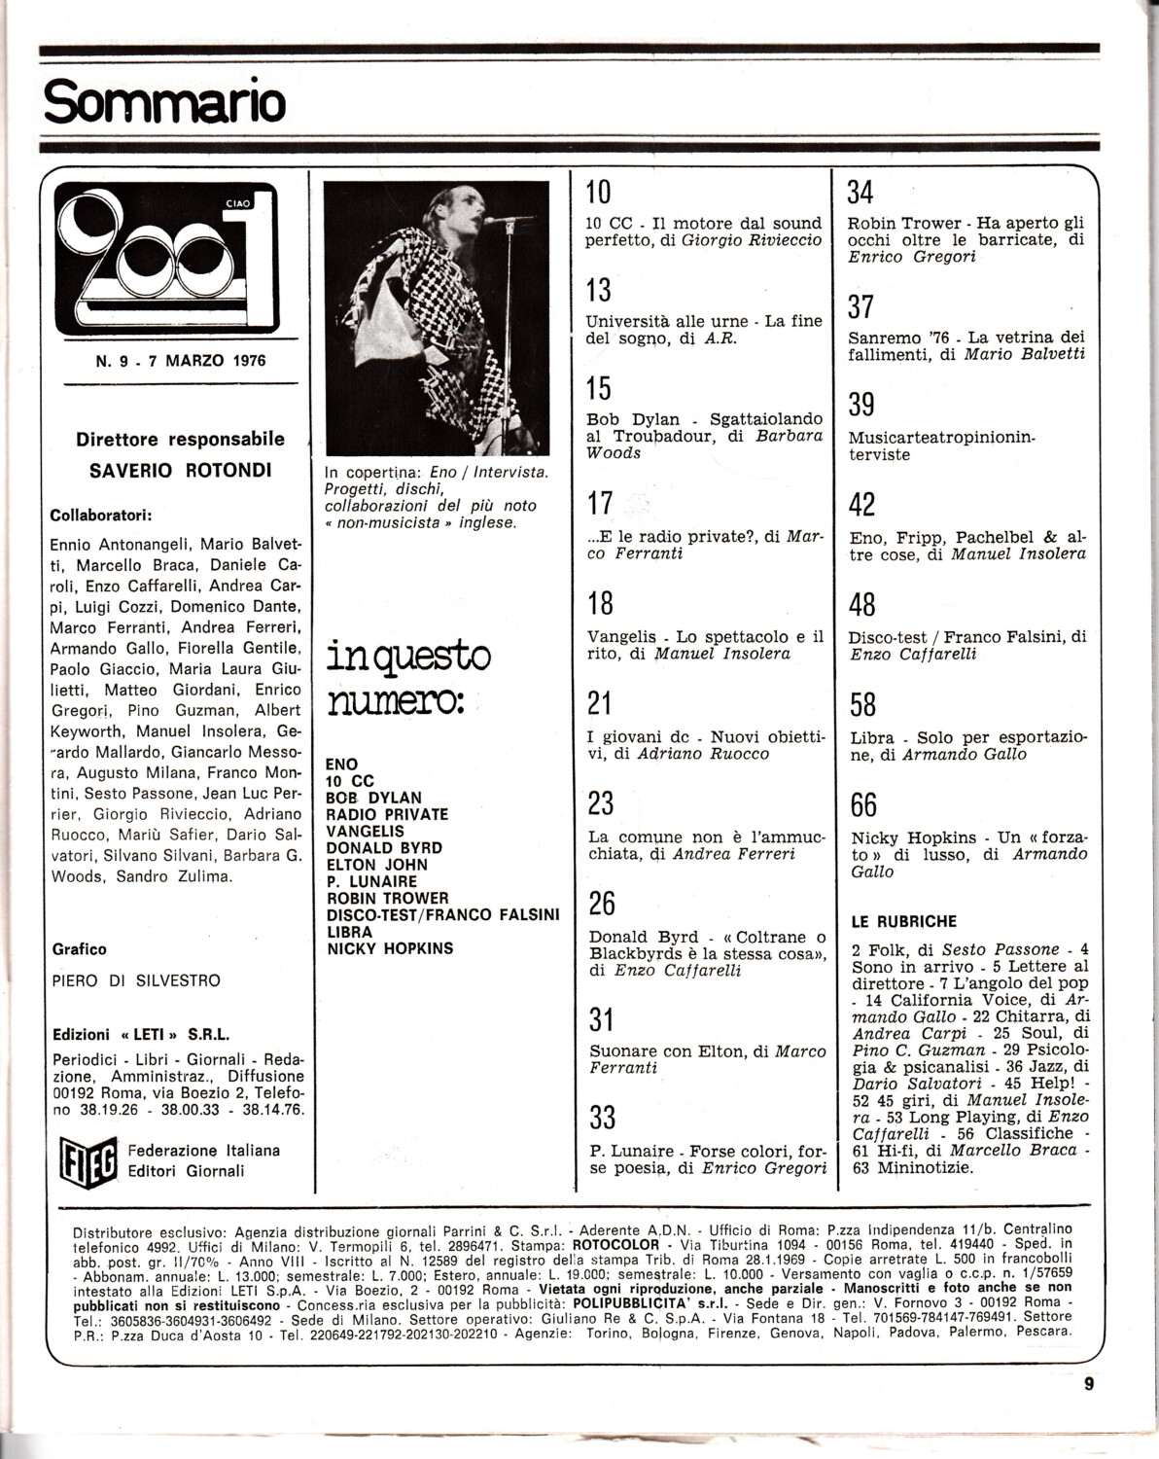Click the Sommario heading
(164, 101)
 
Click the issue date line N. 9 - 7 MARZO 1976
(181, 361)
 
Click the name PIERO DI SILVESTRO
(136, 980)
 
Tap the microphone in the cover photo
(501, 222)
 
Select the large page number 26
(602, 904)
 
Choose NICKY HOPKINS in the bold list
(390, 948)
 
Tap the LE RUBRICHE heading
(904, 921)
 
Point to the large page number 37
(861, 306)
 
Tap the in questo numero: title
(408, 676)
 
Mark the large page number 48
(862, 605)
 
